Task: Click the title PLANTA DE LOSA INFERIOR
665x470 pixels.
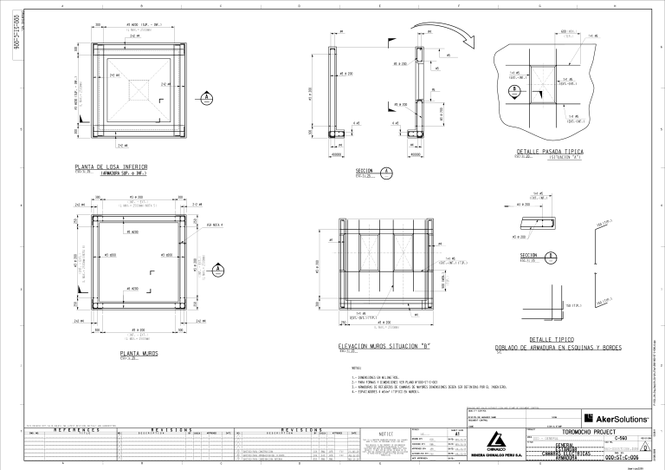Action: [111, 166]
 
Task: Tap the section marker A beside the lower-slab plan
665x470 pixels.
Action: [206, 97]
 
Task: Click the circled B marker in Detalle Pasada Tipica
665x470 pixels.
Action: [515, 89]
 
